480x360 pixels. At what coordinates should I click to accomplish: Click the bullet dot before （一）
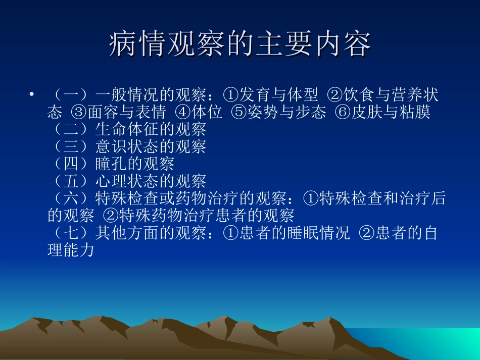click(x=31, y=94)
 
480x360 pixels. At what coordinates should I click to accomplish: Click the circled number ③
click(x=79, y=112)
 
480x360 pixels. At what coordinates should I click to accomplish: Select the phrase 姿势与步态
click(x=286, y=112)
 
